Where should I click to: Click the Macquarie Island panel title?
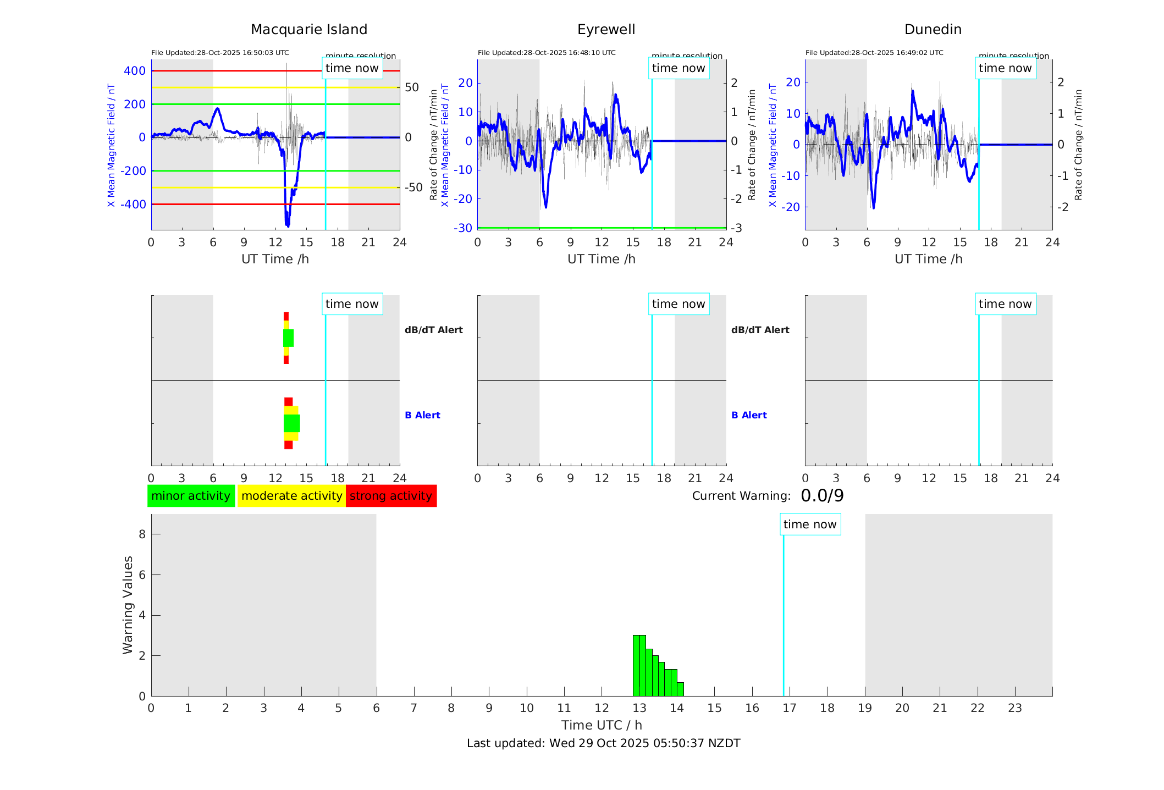(x=308, y=30)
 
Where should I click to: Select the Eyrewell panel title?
(x=606, y=30)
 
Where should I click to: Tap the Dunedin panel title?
(x=933, y=30)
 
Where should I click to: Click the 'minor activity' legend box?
(x=191, y=496)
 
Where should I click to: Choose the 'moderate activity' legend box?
(x=291, y=496)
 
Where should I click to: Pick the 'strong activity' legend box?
(x=391, y=496)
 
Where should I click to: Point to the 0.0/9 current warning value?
(x=822, y=496)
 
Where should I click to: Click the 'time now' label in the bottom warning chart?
(x=810, y=524)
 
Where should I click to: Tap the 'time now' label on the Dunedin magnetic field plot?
(x=1005, y=68)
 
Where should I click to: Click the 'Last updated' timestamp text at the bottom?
(x=603, y=743)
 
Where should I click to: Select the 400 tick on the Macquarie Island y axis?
(x=135, y=71)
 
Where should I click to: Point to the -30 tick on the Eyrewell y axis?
(x=463, y=228)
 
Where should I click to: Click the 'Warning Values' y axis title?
(x=128, y=605)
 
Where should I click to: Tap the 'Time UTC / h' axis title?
(x=602, y=725)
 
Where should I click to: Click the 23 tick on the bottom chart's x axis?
(x=1015, y=708)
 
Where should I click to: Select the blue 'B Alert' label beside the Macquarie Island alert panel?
(x=422, y=415)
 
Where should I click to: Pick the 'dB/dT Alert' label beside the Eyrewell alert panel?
(x=760, y=330)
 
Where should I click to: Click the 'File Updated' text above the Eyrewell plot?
(x=547, y=53)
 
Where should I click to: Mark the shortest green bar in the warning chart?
(x=681, y=689)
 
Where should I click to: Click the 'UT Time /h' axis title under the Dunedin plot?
(x=928, y=259)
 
